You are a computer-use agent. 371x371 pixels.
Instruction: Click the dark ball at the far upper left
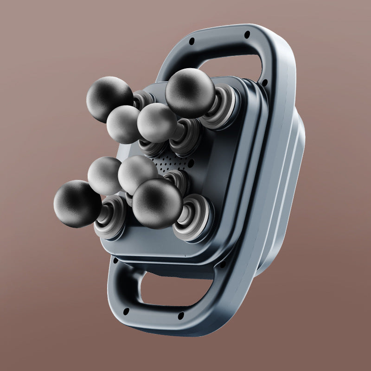coord(109,99)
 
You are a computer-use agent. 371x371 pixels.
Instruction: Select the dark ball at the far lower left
coord(77,204)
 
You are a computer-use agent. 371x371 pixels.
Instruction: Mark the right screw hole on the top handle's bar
coord(247,34)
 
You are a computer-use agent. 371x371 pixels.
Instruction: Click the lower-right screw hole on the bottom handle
coord(181,316)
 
